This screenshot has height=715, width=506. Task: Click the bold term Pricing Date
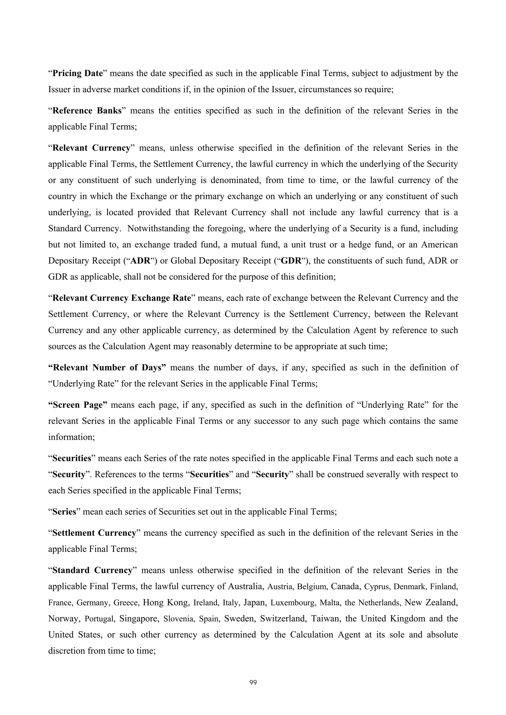pyautogui.click(x=77, y=74)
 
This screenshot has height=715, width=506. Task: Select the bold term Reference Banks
pyautogui.click(x=87, y=111)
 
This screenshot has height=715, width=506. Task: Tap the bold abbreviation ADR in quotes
pyautogui.click(x=140, y=261)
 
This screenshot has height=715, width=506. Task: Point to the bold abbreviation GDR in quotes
pyautogui.click(x=291, y=261)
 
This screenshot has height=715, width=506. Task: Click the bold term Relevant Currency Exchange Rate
pyautogui.click(x=122, y=298)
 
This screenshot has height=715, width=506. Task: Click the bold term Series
pyautogui.click(x=64, y=512)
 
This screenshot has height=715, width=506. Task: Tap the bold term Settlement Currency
pyautogui.click(x=94, y=533)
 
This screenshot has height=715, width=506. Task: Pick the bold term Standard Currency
pyautogui.click(x=92, y=570)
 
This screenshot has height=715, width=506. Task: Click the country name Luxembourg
pyautogui.click(x=293, y=602)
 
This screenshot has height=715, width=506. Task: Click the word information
pyautogui.click(x=71, y=437)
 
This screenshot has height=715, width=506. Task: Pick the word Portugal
pyautogui.click(x=100, y=619)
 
